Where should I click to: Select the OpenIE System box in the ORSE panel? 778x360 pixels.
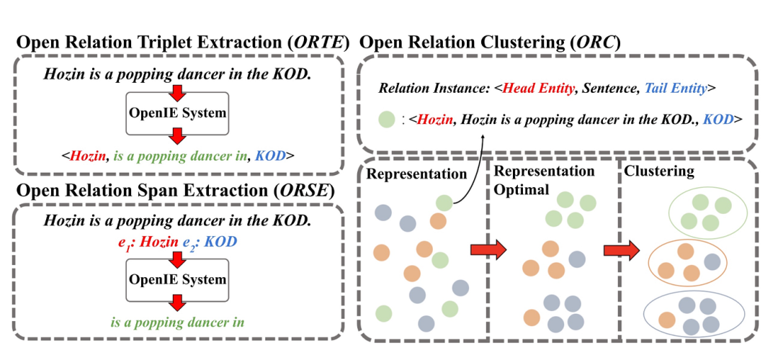(x=176, y=279)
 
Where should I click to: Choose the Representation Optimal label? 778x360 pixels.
(x=544, y=180)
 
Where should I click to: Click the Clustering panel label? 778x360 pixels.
(x=659, y=172)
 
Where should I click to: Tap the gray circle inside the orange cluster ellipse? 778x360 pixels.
(x=712, y=262)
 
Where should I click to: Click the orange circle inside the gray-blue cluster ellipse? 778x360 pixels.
(x=667, y=318)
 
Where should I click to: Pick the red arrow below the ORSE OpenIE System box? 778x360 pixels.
(x=176, y=302)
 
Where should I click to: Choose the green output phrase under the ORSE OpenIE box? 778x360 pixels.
(x=177, y=322)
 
